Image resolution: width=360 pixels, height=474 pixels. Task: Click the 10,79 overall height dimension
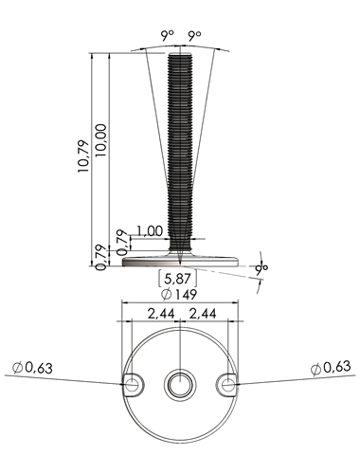coord(83,156)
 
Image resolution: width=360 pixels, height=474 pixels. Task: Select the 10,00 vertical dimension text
coord(102,140)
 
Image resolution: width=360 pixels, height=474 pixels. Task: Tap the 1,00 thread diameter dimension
coord(150,231)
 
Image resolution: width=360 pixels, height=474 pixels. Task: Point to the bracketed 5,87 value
coord(177,279)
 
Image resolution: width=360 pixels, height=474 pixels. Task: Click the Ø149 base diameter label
coord(179,295)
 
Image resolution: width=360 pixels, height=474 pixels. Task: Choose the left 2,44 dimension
coord(161,314)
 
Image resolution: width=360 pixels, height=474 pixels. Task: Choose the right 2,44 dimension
coord(203,314)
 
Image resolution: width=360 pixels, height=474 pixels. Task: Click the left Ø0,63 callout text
coord(32,368)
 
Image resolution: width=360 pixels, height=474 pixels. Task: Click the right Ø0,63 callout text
coord(331,367)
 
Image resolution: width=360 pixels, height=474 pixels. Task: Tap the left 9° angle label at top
coord(168,36)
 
